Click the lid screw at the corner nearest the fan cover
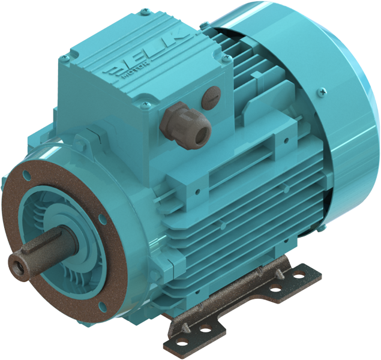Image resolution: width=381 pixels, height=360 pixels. coord(227,59)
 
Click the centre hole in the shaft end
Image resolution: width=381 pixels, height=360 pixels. coord(16,262)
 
